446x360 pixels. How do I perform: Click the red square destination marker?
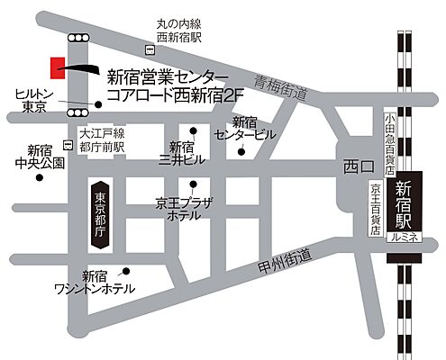click(57, 66)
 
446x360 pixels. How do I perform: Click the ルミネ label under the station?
click(404, 236)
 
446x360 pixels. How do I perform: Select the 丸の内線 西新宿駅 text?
click(177, 30)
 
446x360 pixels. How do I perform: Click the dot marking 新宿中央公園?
click(40, 177)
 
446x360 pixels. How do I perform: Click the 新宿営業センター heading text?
click(161, 76)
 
